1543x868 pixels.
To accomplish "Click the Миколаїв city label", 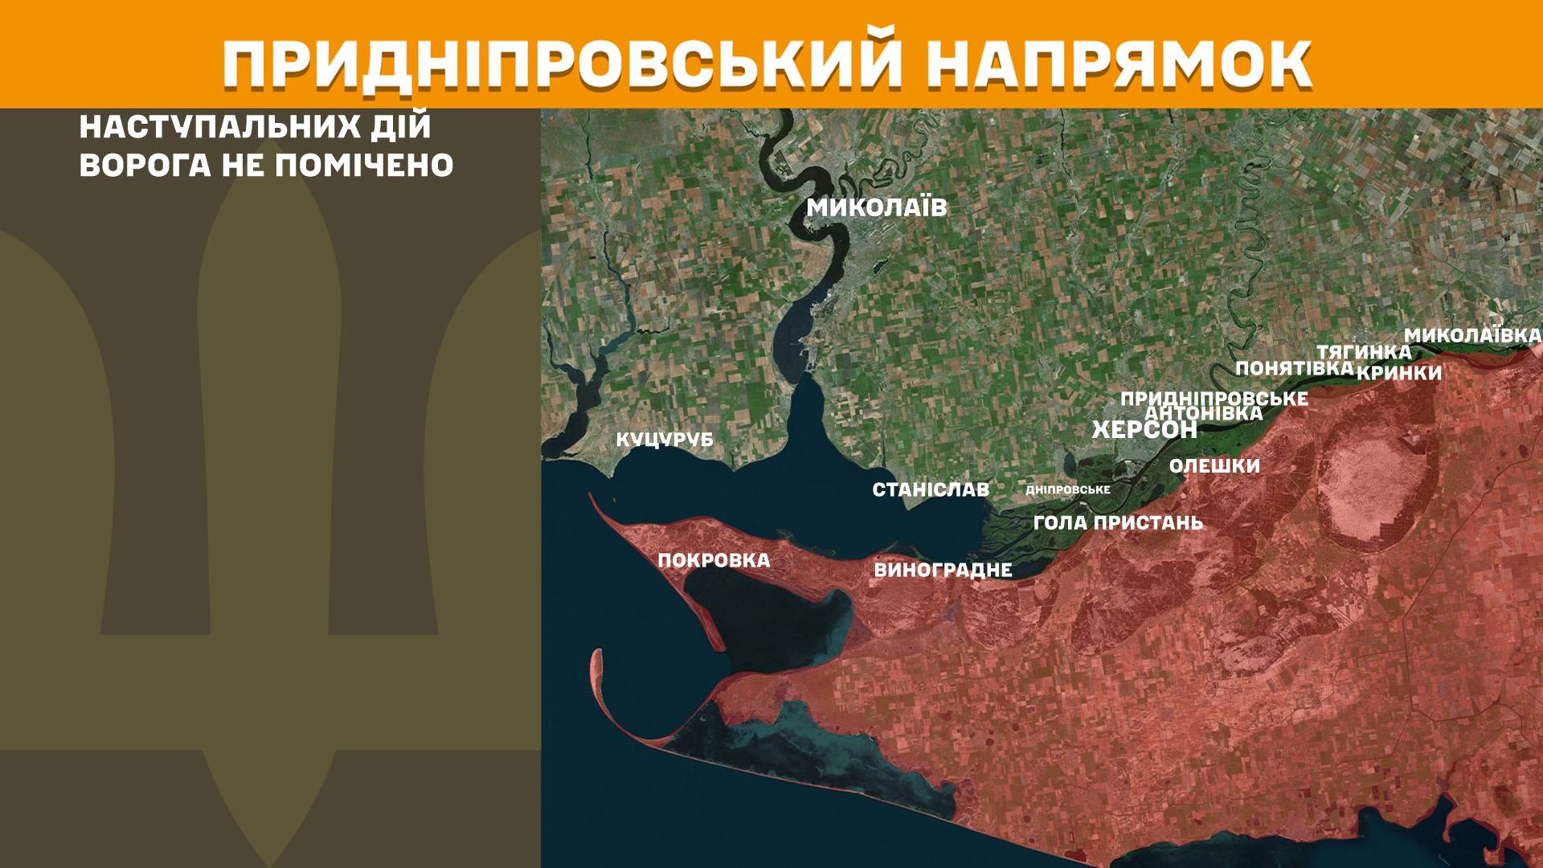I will pyautogui.click(x=877, y=208).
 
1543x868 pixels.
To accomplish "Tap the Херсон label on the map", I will pyautogui.click(x=1144, y=430).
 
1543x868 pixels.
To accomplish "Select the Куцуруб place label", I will pyautogui.click(x=665, y=440).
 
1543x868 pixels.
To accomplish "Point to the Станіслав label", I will pyautogui.click(x=931, y=489).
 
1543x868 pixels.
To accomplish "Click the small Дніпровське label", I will pyautogui.click(x=1068, y=489).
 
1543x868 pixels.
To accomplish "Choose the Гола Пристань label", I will pyautogui.click(x=1118, y=523).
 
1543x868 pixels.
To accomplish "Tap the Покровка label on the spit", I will pyautogui.click(x=714, y=560).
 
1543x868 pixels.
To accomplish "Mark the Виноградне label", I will pyautogui.click(x=942, y=571).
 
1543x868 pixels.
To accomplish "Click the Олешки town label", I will pyautogui.click(x=1214, y=466).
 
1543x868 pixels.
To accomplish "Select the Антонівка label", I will pyautogui.click(x=1203, y=413).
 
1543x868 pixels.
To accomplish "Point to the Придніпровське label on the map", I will pyautogui.click(x=1214, y=398).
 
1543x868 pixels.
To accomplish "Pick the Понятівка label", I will pyautogui.click(x=1294, y=368).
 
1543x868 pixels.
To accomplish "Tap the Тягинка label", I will pyautogui.click(x=1363, y=352).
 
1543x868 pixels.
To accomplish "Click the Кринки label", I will pyautogui.click(x=1399, y=373).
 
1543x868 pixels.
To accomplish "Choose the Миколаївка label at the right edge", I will pyautogui.click(x=1472, y=335).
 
